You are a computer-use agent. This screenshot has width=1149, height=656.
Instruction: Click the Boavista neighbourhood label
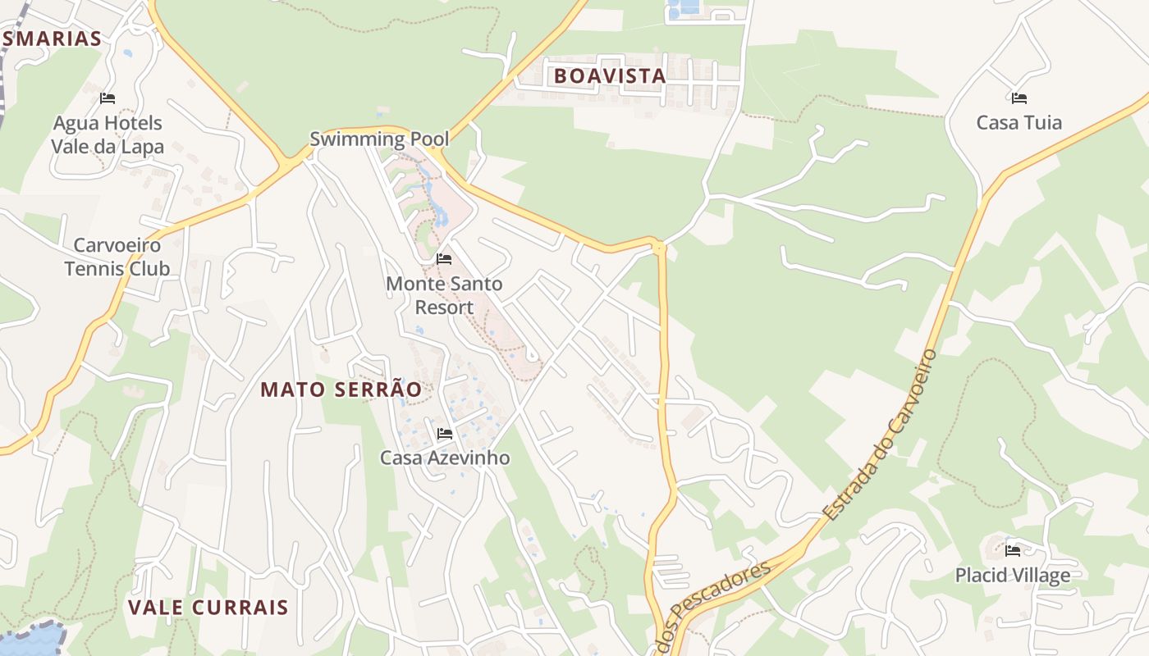[x=609, y=76]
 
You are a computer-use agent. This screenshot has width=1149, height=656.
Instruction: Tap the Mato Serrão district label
[x=341, y=389]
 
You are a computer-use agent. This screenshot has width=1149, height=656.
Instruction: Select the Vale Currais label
[x=208, y=608]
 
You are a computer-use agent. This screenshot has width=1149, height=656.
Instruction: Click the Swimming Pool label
[x=379, y=139]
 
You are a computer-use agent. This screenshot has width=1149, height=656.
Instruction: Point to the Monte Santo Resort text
[x=444, y=295]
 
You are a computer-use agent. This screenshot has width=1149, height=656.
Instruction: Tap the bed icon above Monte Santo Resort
[x=444, y=259]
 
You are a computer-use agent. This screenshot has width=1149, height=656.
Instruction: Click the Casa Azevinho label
[x=444, y=458]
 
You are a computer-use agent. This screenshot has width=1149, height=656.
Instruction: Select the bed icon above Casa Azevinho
[x=445, y=433]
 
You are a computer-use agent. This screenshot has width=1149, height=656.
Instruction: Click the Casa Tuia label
[x=1019, y=123]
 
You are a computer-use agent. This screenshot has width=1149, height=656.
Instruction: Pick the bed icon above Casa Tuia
[x=1019, y=98]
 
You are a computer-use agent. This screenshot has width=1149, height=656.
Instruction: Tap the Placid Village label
[x=1012, y=576]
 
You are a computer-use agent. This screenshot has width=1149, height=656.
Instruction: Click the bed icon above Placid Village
[x=1013, y=551]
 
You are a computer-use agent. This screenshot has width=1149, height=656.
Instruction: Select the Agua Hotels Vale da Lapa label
[x=108, y=135]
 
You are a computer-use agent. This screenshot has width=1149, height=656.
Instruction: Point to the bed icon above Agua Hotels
[x=107, y=98]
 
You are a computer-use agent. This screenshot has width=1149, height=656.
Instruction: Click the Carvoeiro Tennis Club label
[x=117, y=257]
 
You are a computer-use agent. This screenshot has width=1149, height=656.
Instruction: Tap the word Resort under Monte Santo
[x=444, y=307]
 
